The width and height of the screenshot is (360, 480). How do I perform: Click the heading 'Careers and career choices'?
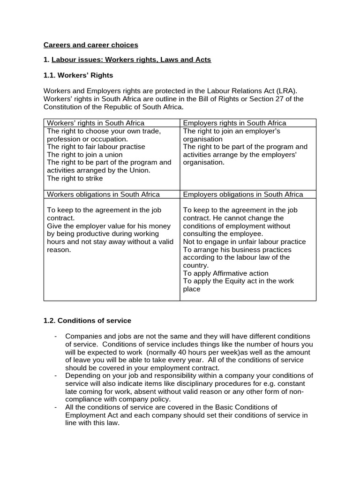[x=91, y=45]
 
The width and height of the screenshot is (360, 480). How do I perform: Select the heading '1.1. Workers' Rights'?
[x=78, y=75]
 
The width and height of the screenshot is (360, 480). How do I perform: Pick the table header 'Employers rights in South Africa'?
[x=234, y=123]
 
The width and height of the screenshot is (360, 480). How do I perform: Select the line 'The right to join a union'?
[x=85, y=155]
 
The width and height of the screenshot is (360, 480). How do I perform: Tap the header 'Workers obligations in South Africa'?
[x=103, y=194]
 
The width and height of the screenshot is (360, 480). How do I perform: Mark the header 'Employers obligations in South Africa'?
[x=243, y=194]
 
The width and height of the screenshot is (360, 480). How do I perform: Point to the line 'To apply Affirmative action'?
[x=225, y=273]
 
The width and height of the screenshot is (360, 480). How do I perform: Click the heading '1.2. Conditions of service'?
[x=87, y=321]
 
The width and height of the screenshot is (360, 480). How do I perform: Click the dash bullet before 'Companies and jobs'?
[x=56, y=337]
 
